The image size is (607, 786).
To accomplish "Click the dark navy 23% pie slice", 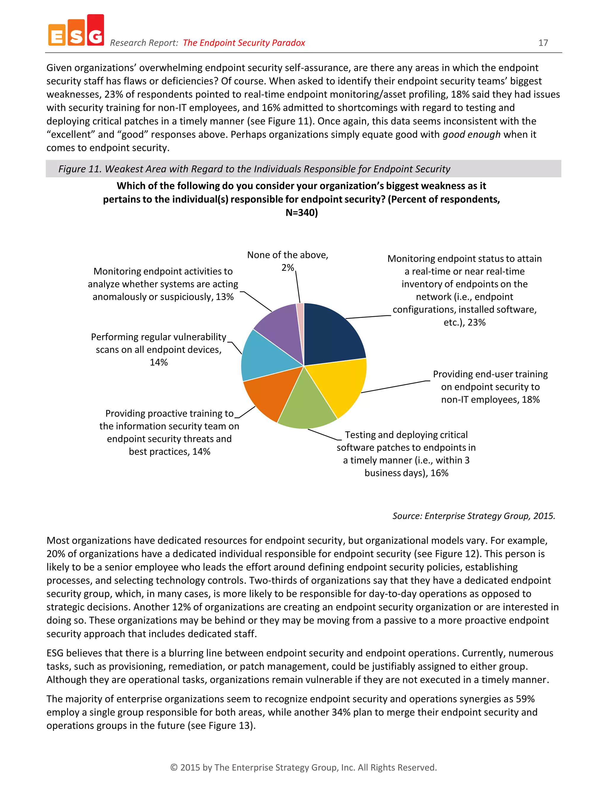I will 331,335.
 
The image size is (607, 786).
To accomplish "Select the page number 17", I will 543,43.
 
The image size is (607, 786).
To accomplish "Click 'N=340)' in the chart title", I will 301,212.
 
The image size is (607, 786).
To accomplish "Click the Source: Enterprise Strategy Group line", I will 474,516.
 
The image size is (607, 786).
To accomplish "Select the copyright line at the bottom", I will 303,767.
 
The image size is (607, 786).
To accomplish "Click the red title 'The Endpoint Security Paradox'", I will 244,43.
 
